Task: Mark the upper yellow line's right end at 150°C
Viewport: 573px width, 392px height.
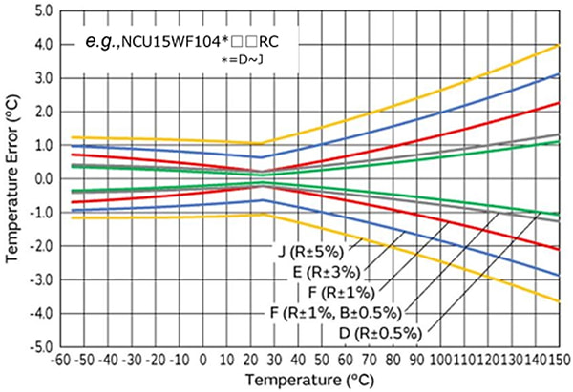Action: click(559, 45)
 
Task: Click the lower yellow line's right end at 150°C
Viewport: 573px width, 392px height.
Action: click(559, 302)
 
